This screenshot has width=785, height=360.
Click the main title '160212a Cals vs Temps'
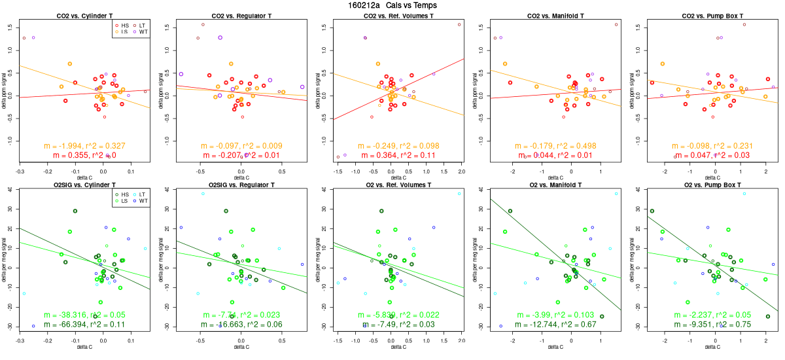(x=392, y=5)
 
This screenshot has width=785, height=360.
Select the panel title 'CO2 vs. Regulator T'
(x=241, y=15)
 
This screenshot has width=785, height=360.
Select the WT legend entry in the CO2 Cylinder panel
(x=142, y=31)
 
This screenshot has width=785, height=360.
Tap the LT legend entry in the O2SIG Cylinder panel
(x=142, y=194)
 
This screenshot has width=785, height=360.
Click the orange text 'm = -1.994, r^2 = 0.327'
(x=84, y=146)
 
